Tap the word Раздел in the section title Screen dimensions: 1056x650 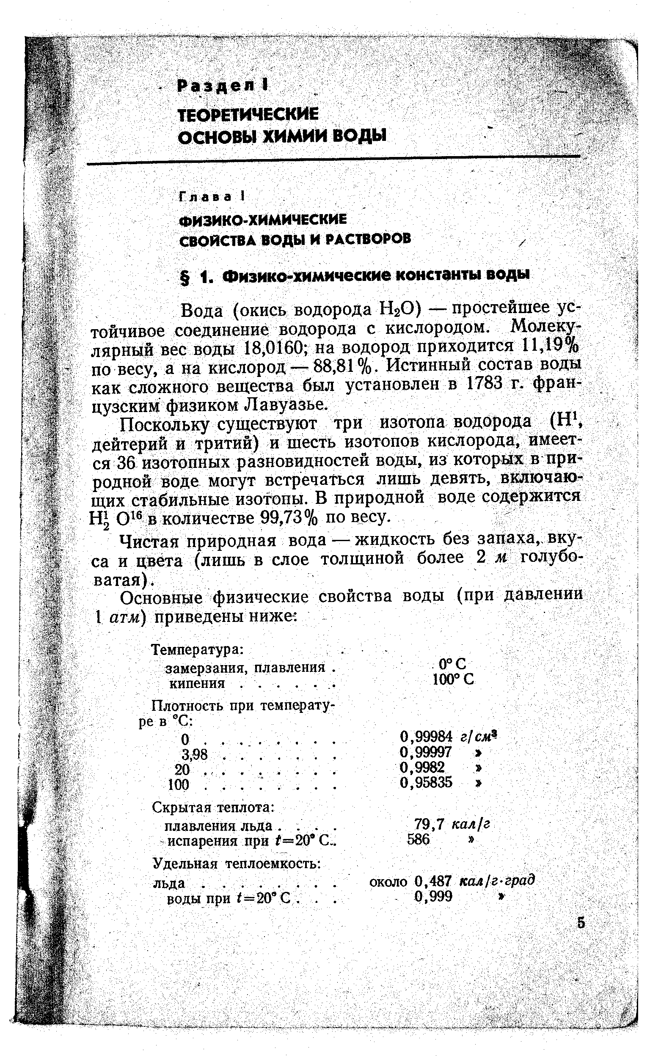[219, 86]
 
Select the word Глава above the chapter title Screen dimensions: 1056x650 [207, 197]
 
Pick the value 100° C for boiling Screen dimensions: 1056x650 [453, 679]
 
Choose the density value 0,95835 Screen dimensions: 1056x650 [426, 782]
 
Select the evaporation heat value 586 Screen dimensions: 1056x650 [418, 839]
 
